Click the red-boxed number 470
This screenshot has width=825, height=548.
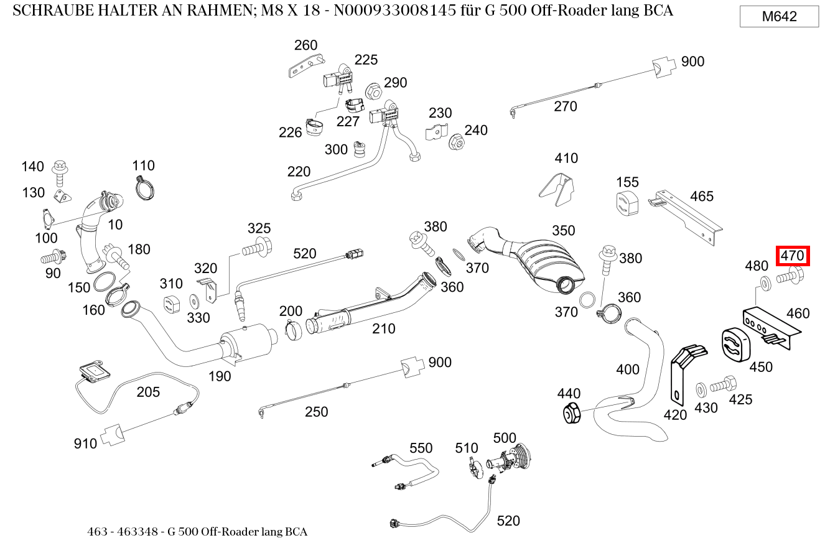click(x=793, y=256)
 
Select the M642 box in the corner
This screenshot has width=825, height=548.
click(x=779, y=17)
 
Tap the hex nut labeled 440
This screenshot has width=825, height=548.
click(x=571, y=413)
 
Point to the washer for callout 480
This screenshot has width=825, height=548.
click(x=764, y=282)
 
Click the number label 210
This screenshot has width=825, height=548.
click(x=383, y=328)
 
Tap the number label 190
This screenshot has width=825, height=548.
click(x=219, y=376)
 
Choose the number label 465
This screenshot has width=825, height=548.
click(x=701, y=197)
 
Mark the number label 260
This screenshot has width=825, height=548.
click(x=305, y=45)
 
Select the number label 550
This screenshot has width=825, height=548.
click(x=421, y=448)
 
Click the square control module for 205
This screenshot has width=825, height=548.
click(x=95, y=371)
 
